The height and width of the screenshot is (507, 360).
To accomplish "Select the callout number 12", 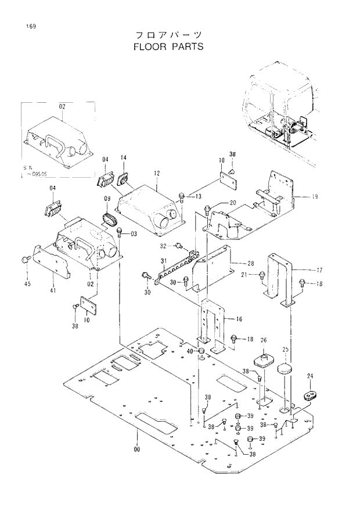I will pyautogui.click(x=156, y=173).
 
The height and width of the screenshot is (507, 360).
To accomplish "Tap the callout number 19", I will pyautogui.click(x=314, y=197).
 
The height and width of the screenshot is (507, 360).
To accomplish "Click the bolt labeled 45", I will pyautogui.click(x=25, y=259).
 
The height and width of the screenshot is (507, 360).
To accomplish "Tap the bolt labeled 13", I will pyautogui.click(x=182, y=196).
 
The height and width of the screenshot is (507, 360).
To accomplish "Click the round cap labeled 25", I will pyautogui.click(x=285, y=369).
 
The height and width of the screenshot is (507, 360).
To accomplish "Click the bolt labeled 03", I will pyautogui.click(x=120, y=232).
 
